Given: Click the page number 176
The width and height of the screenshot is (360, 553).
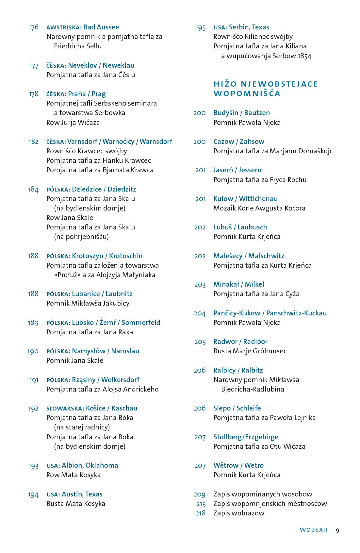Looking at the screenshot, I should tap(33, 27).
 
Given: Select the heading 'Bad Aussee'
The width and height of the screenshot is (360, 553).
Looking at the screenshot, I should tap(101, 27).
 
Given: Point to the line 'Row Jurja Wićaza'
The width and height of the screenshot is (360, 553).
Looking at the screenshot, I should tap(73, 123).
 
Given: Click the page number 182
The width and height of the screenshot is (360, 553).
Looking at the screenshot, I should tap(33, 142).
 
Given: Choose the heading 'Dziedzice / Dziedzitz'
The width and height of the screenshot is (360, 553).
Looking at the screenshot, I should tap(104, 189).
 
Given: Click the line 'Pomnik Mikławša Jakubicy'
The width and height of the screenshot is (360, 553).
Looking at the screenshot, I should tap(88, 303).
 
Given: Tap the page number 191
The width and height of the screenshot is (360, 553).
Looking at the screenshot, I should tap(34, 380).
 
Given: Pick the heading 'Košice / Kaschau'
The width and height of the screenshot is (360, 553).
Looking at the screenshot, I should tap(111, 408).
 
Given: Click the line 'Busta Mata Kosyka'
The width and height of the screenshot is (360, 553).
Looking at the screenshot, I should tap(76, 504).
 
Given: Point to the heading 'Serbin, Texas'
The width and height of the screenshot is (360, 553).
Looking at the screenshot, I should tap(249, 27).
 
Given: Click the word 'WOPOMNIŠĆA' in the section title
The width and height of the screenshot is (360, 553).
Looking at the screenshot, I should tap(247, 94).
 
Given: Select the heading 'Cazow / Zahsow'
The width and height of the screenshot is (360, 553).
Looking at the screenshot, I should tap(238, 142).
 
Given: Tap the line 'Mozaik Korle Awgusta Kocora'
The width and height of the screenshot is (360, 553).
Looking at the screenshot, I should tap(259, 208).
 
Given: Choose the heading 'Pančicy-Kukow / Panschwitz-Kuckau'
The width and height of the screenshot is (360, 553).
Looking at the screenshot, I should tap(270, 313).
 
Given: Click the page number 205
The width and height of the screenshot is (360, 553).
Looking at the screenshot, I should tap(200, 342).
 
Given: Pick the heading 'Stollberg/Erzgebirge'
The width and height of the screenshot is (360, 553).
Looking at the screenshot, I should tap(246, 437).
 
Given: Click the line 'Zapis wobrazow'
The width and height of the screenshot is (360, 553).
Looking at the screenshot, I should tap(238, 513).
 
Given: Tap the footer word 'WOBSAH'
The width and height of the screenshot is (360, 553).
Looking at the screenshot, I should tap(314, 530).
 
